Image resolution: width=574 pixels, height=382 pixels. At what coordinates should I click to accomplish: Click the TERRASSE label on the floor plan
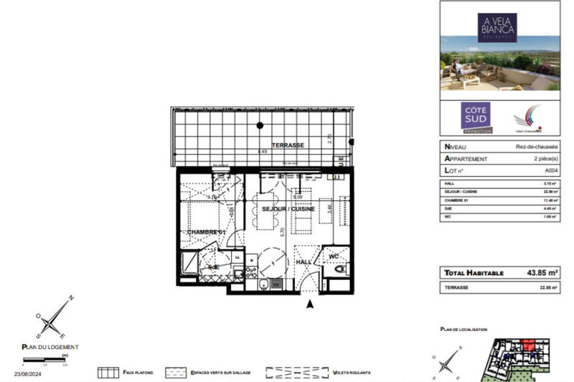coord(287,145)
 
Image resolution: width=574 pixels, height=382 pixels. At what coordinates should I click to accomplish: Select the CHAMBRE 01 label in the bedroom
coord(206,233)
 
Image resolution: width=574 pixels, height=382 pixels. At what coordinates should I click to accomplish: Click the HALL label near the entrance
coord(304,263)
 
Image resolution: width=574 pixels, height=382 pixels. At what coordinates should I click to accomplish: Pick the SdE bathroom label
coord(213,267)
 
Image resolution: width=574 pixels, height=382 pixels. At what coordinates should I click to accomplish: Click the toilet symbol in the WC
coord(339,269)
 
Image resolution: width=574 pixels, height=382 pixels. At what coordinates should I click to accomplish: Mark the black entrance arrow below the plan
coord(310,304)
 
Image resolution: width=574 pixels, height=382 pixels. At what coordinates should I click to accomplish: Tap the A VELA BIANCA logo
coord(497,28)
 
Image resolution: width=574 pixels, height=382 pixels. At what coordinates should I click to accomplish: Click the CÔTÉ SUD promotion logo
coord(476,117)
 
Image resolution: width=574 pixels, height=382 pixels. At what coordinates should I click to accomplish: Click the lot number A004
coord(551,171)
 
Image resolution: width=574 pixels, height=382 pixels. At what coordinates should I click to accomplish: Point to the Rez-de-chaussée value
coord(542,146)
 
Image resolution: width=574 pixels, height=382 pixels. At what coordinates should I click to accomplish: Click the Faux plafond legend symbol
coord(108,373)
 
